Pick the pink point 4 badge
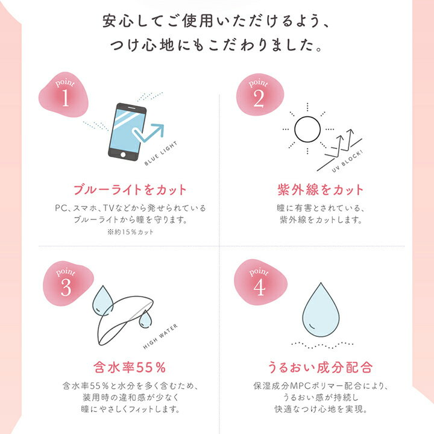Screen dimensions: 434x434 (259, 283)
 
